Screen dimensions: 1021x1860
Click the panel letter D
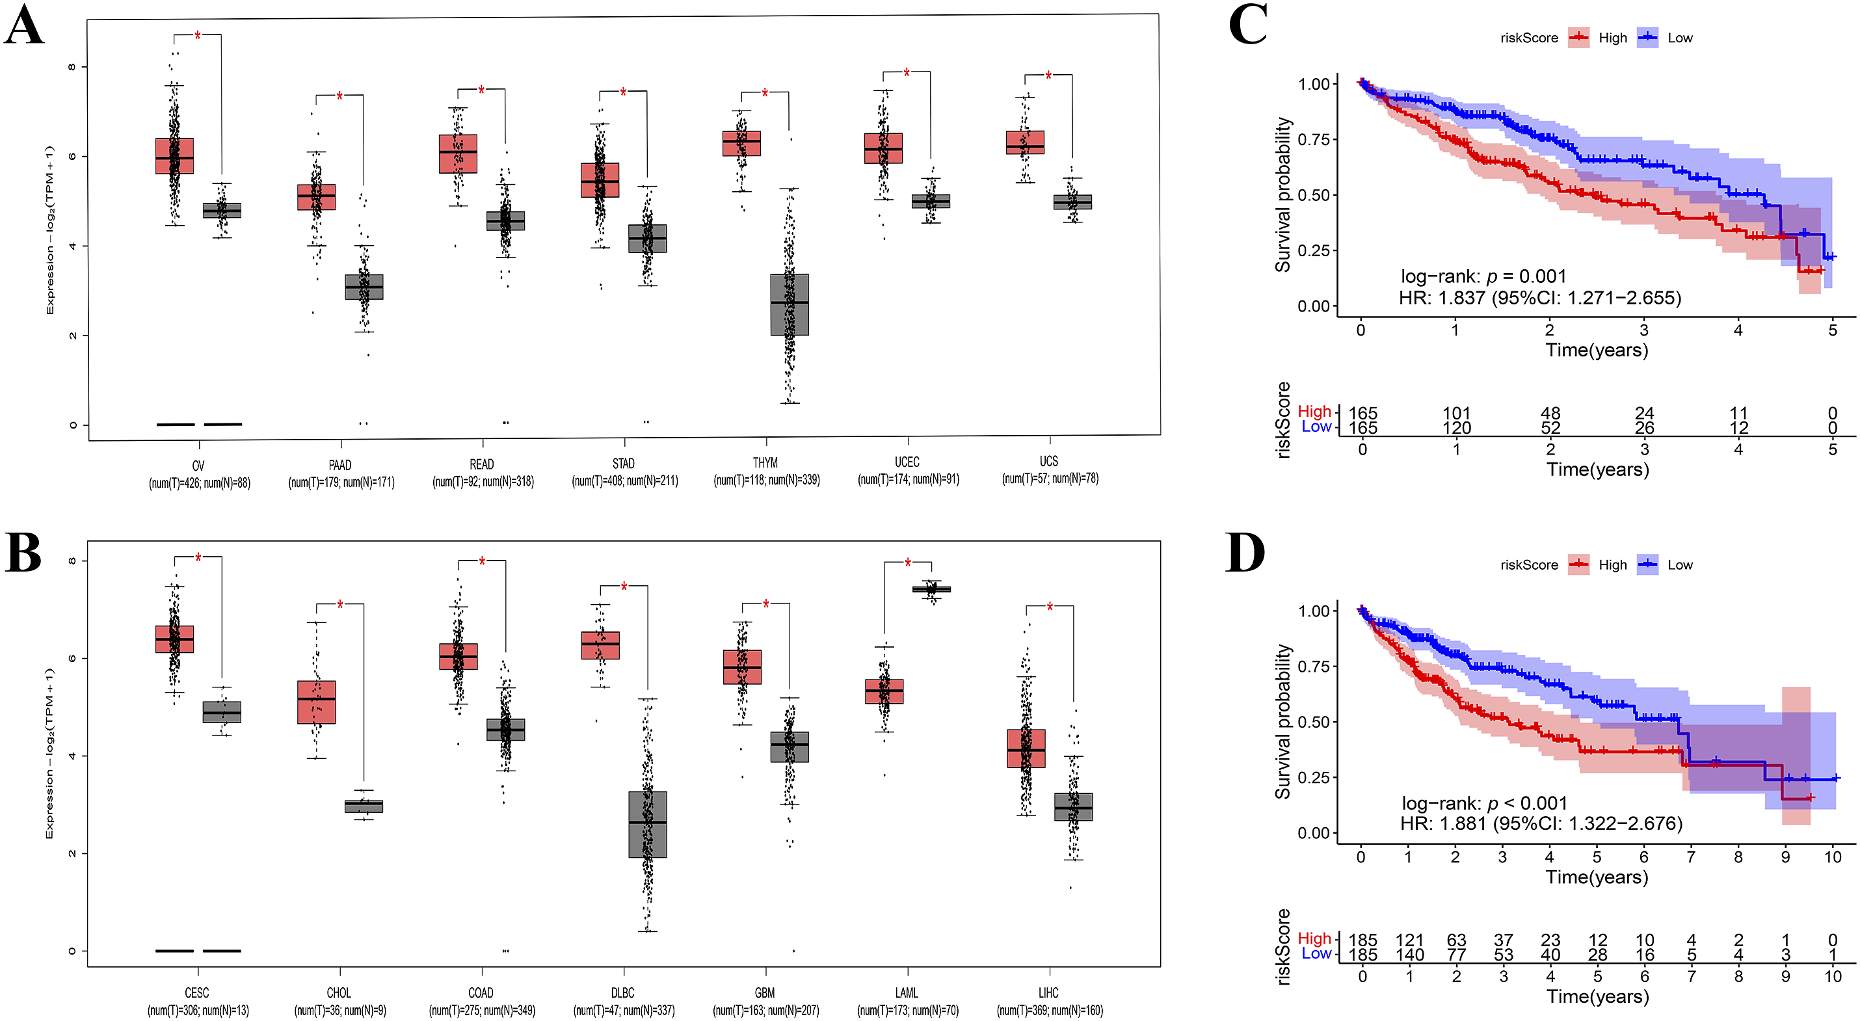tap(1245, 553)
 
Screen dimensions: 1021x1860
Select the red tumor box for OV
tap(175, 156)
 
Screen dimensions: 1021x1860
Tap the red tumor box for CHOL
tap(316, 702)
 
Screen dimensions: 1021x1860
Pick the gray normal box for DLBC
tap(648, 824)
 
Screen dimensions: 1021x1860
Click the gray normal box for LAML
tap(931, 589)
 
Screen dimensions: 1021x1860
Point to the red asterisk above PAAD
tap(339, 97)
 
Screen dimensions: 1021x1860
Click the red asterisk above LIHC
tap(1049, 607)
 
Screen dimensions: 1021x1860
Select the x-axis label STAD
tap(624, 464)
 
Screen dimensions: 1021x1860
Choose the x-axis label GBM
tap(765, 993)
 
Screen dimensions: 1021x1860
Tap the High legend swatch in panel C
tap(1578, 38)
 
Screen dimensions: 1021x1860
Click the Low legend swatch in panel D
tap(1648, 564)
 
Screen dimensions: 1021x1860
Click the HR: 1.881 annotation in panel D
tap(1541, 823)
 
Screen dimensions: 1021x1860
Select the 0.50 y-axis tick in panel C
tap(1314, 195)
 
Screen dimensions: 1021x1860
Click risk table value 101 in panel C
tap(1456, 413)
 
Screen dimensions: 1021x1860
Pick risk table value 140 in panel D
tap(1409, 955)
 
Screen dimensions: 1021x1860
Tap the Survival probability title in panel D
tap(1282, 721)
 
